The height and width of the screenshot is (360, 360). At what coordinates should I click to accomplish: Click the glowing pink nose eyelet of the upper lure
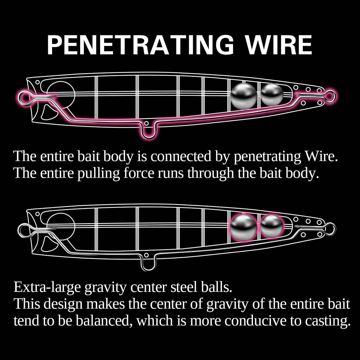24,97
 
